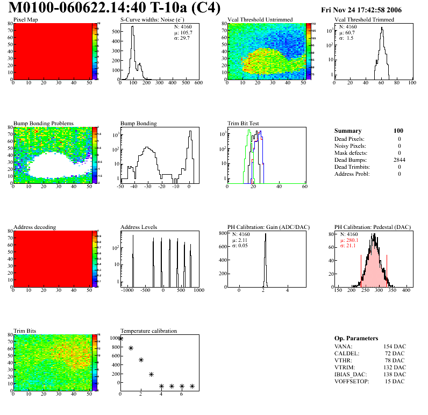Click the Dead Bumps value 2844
coord(399,160)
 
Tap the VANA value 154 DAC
coord(395,346)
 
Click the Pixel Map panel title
coord(25,20)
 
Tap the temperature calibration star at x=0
coord(120,339)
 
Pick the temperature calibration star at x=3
coord(151,374)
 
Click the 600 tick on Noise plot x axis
coord(198,83)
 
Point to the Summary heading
coord(348,131)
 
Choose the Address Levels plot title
coord(139,227)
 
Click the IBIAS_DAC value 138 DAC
coord(395,374)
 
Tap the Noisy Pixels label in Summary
coord(350,146)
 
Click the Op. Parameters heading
coord(356,338)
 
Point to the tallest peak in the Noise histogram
coord(132,27)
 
